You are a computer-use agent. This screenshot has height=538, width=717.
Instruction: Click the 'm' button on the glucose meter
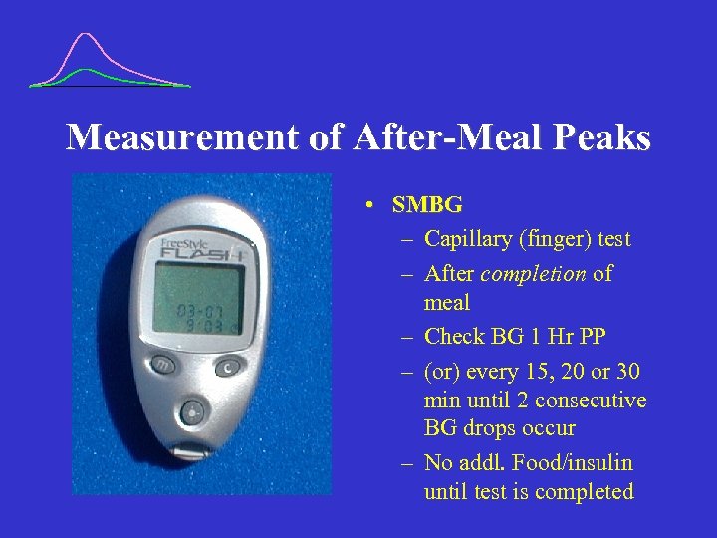click(x=162, y=365)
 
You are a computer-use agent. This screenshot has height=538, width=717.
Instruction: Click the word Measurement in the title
click(x=183, y=137)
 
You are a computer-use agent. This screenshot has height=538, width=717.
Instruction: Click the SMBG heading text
click(x=427, y=205)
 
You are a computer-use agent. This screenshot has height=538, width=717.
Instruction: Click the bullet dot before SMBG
click(x=368, y=206)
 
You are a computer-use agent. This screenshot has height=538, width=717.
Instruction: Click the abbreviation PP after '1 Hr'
click(x=590, y=337)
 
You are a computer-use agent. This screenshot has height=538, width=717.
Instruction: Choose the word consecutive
click(x=591, y=401)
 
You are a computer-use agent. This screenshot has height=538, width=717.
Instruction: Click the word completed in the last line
click(x=586, y=491)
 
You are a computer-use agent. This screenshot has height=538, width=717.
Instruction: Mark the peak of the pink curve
click(x=87, y=35)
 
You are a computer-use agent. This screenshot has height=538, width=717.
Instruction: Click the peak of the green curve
click(x=89, y=70)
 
